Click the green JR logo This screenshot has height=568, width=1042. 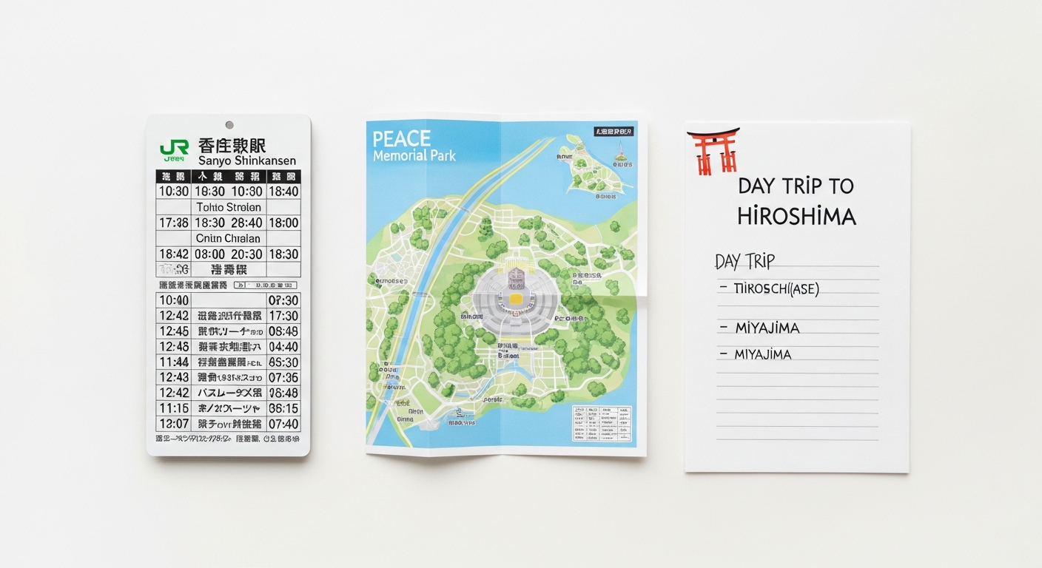[x=174, y=149]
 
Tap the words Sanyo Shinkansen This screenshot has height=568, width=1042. [x=247, y=160]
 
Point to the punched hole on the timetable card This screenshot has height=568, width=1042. [x=229, y=125]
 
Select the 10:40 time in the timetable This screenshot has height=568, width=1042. [x=174, y=300]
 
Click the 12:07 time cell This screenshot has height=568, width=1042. [x=174, y=424]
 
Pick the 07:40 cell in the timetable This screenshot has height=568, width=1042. [x=283, y=424]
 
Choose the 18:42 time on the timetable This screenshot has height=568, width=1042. [x=174, y=254]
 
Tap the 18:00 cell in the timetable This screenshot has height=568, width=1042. [x=283, y=223]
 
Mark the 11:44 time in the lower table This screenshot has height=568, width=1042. [x=174, y=362]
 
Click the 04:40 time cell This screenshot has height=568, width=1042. [x=283, y=347]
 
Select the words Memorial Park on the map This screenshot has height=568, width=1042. [x=414, y=156]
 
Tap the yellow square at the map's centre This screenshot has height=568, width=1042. [x=514, y=300]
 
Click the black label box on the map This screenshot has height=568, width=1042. [x=614, y=132]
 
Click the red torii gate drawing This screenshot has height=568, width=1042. [x=713, y=151]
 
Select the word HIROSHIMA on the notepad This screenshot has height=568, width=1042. [x=796, y=217]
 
